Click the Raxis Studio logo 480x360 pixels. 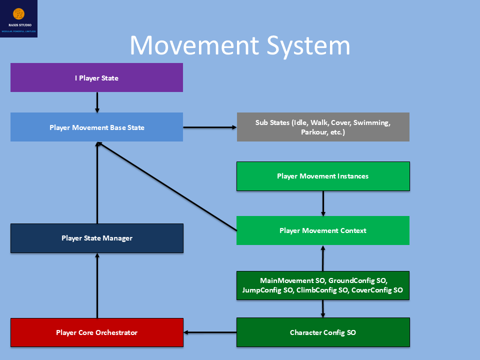tap(18, 18)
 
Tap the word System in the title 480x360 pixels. tap(310, 45)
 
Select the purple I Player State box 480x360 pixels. tap(96, 77)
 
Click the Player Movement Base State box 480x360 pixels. tap(96, 127)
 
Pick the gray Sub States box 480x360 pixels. tap(323, 127)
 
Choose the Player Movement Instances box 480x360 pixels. tap(323, 176)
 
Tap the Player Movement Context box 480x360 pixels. tap(323, 230)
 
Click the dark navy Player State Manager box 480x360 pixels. tap(96, 238)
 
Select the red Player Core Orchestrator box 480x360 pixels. tap(96, 332)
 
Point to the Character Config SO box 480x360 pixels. tap(323, 332)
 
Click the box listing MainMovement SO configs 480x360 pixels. tap(323, 285)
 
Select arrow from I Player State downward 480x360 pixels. tap(97, 102)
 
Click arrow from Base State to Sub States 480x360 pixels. tap(210, 127)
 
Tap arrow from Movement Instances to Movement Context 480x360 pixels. tap(323, 203)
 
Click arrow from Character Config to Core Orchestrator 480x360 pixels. tap(210, 332)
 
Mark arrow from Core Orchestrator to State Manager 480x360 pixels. tap(97, 285)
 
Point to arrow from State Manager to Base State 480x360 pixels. tap(97, 182)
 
